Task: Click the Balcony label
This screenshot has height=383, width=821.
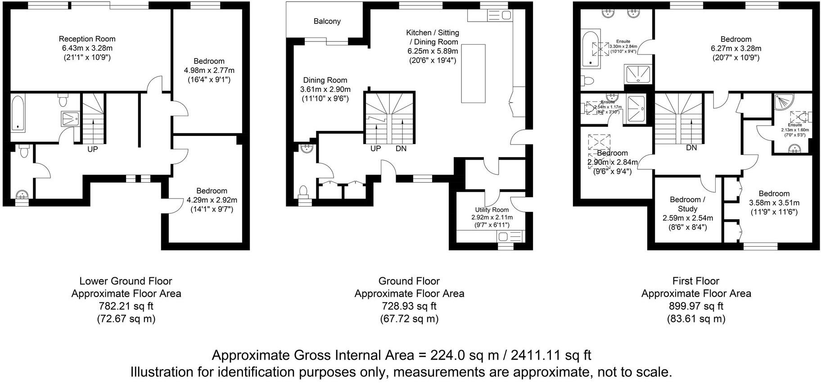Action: (x=327, y=21)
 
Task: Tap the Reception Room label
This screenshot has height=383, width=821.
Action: (x=87, y=39)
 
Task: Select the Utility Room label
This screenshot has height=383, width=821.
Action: (x=492, y=210)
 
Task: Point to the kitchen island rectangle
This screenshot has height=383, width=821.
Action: (x=473, y=74)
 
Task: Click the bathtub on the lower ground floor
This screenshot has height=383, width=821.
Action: (x=18, y=113)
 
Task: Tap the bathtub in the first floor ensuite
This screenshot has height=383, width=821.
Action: (x=591, y=49)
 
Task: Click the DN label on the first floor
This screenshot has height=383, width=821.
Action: (x=691, y=148)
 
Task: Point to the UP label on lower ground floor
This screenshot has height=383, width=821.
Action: (x=92, y=149)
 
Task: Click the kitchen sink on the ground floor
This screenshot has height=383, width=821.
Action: (x=505, y=16)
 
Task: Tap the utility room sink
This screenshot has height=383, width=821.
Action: (x=504, y=237)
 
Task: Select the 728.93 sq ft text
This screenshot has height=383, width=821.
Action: (x=409, y=306)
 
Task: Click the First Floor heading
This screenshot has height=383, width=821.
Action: (x=695, y=281)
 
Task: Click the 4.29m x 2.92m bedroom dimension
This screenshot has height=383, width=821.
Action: (x=212, y=200)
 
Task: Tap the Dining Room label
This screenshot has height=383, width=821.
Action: (x=325, y=80)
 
